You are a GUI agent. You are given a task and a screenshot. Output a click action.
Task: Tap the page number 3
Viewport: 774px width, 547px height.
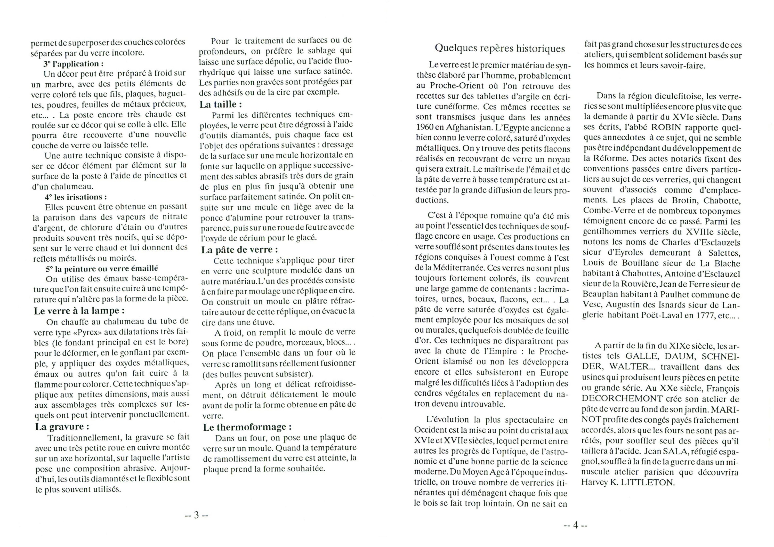click(197, 515)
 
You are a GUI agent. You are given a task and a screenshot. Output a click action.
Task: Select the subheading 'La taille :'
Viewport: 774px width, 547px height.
click(221, 104)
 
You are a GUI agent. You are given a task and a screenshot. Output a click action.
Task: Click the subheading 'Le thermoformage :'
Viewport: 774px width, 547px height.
click(247, 427)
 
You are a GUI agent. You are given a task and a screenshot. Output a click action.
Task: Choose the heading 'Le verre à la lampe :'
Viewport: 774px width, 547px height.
click(79, 311)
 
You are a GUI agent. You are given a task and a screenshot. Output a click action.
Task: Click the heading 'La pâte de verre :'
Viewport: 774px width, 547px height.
click(240, 250)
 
